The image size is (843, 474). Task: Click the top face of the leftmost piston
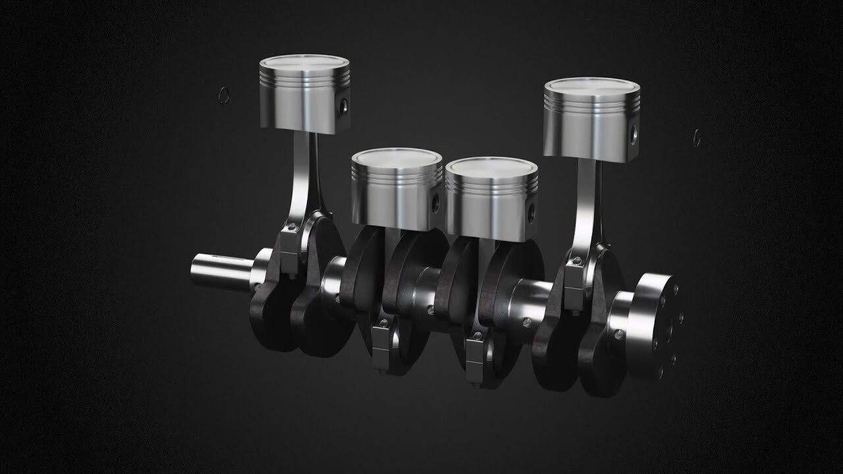pos(304,63)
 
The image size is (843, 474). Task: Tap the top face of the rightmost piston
pos(591,86)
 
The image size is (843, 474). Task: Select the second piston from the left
pos(396,191)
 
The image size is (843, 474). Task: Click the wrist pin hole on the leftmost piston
pos(342,105)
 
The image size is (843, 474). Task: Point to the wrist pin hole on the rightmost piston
pos(633,135)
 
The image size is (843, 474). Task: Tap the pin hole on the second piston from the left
pos(435,203)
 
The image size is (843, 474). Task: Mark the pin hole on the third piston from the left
pos(531,211)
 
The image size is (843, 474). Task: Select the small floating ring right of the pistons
pos(697,138)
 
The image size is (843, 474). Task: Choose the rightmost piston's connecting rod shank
pos(585,204)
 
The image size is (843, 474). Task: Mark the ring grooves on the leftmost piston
pos(303,76)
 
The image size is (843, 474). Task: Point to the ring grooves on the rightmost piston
pos(591,100)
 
